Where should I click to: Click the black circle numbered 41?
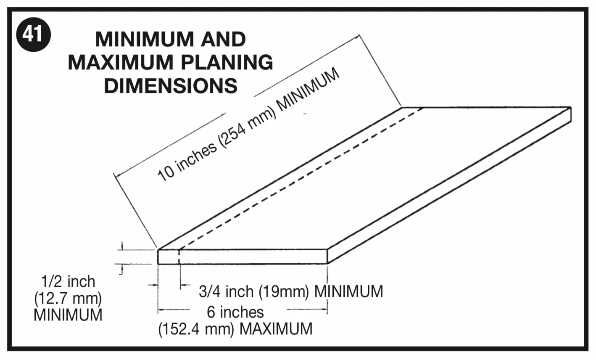(33, 34)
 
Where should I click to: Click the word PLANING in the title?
(227, 63)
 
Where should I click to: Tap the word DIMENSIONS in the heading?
(171, 86)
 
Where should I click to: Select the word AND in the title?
(223, 40)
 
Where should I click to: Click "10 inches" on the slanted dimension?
(187, 161)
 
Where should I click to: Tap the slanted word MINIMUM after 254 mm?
(308, 89)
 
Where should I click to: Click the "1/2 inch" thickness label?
(68, 282)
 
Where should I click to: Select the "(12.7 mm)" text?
(68, 299)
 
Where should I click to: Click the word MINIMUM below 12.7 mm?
(68, 315)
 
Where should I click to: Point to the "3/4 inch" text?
(226, 291)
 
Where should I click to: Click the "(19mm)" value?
(284, 291)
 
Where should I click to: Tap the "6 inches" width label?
(235, 312)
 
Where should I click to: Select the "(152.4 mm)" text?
(196, 329)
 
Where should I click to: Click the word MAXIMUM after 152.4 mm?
(276, 329)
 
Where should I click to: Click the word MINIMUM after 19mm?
(348, 291)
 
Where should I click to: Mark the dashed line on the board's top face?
(301, 179)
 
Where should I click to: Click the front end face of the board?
(243, 257)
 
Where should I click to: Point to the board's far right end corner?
(571, 107)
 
